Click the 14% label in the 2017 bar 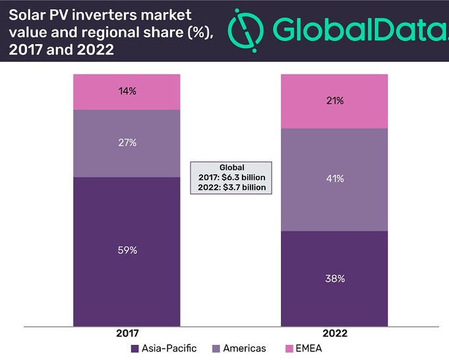[x=127, y=92]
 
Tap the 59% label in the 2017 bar [x=127, y=251]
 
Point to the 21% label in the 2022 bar [x=335, y=101]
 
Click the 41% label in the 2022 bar [x=335, y=179]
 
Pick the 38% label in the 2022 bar [x=335, y=278]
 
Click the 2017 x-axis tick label [x=127, y=335]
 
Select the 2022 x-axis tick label [x=335, y=335]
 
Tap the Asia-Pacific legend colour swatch [x=135, y=349]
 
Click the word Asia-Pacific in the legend [x=169, y=349]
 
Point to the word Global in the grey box [x=231, y=168]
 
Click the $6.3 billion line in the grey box [x=231, y=178]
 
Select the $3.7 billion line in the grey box [x=231, y=188]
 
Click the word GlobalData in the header [x=356, y=30]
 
